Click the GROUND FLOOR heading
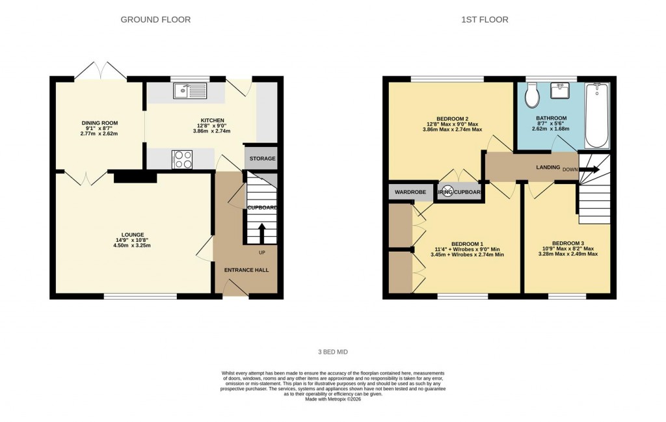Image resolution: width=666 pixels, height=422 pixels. (x=155, y=20)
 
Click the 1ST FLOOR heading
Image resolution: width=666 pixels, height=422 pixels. (x=485, y=20)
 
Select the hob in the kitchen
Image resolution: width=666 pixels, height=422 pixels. (x=181, y=159)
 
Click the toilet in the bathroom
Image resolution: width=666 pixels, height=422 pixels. (x=532, y=96)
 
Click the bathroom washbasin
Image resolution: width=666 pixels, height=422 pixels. (x=560, y=90)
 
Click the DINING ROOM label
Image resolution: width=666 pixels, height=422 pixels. (x=100, y=123)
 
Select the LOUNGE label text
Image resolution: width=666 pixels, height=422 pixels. (x=132, y=235)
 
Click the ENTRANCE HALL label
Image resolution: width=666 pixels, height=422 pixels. (x=246, y=270)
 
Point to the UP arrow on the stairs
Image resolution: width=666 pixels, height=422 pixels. (x=262, y=233)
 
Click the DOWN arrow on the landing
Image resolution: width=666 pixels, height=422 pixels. (x=589, y=169)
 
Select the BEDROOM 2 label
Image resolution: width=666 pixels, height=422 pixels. (x=453, y=118)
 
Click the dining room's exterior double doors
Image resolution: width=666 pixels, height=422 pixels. (x=100, y=71)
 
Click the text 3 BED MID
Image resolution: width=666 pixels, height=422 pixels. (x=333, y=352)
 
